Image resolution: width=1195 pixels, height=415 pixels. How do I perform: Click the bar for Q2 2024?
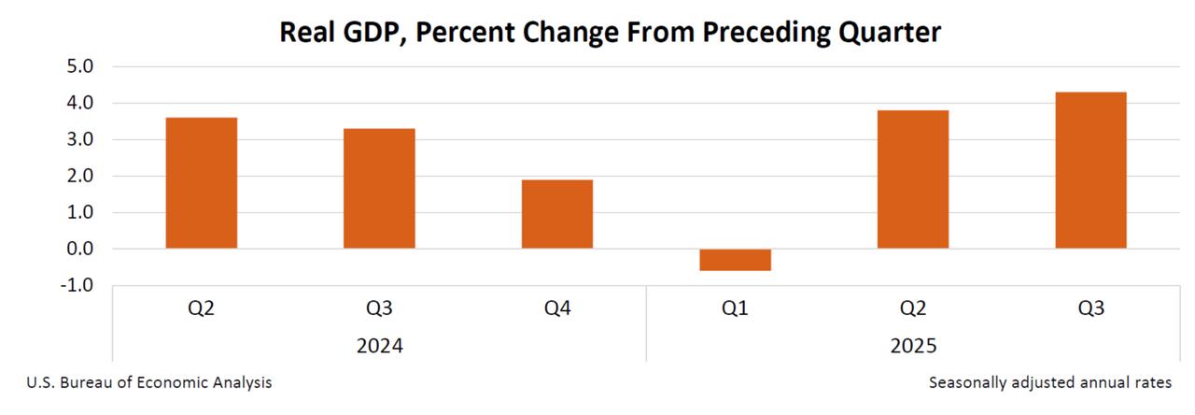(x=202, y=183)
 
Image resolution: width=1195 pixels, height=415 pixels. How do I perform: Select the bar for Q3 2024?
(x=379, y=189)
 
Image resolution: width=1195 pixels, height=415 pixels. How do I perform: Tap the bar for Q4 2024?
(x=557, y=214)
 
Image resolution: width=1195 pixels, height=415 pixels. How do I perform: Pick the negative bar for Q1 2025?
(x=735, y=260)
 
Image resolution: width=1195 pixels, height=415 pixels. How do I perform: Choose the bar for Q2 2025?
(x=913, y=179)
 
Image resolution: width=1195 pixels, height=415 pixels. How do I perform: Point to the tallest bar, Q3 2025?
(x=1090, y=170)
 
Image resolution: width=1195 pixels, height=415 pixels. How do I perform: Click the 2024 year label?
(x=379, y=346)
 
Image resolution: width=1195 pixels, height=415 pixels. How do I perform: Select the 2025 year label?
(x=913, y=346)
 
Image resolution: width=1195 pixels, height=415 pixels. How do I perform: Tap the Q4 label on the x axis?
(x=557, y=308)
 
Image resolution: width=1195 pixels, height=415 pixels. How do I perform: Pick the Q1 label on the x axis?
(x=735, y=308)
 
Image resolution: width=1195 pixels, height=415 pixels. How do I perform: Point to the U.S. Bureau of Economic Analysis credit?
(x=149, y=383)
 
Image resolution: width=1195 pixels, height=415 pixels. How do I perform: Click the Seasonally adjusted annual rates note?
(x=1050, y=383)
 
